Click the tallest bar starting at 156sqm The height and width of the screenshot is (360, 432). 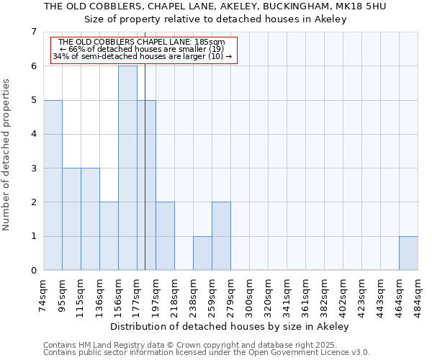click(x=127, y=168)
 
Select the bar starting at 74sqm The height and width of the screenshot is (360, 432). click(x=53, y=185)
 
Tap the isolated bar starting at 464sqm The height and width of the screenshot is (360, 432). click(x=408, y=253)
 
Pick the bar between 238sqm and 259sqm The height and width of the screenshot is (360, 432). click(x=202, y=253)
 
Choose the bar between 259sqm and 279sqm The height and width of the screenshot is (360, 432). click(x=221, y=236)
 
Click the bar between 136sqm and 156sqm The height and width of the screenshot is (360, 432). click(x=109, y=236)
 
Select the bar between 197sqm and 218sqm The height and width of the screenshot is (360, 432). click(x=165, y=236)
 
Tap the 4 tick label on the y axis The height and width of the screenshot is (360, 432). click(x=33, y=134)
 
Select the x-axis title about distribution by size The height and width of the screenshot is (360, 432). click(x=230, y=326)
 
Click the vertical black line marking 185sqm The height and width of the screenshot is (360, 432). click(x=145, y=180)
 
